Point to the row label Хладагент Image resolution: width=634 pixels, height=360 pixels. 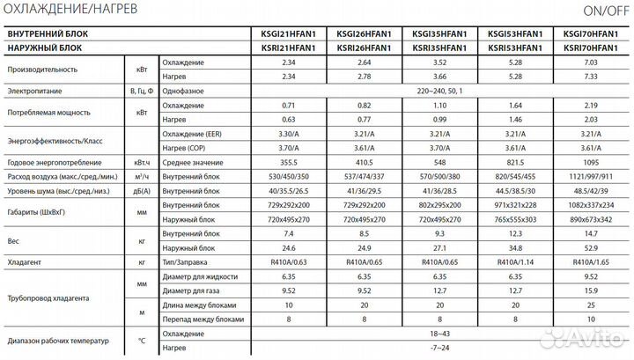24,262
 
